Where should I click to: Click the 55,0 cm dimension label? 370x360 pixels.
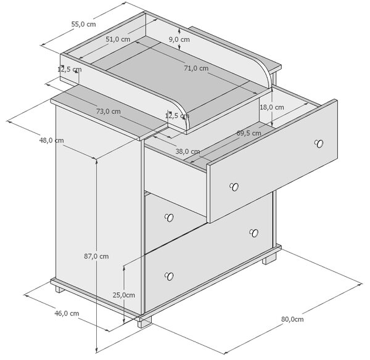pos(83,24)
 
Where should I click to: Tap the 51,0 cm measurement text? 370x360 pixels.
pos(118,39)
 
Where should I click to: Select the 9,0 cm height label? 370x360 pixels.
pos(179,39)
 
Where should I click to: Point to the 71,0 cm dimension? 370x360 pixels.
pos(196,68)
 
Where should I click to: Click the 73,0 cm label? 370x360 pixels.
pos(109,111)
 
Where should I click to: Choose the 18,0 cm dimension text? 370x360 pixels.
pos(272,107)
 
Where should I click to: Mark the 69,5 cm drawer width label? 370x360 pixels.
pos(249,133)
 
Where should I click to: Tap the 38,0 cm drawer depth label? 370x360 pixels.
pos(187,151)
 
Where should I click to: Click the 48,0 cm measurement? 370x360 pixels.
pos(51,141)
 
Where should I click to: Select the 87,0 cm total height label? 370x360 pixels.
pos(96,256)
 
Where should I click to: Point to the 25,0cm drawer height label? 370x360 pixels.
pos(124,295)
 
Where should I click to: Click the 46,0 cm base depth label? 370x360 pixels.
pos(67,313)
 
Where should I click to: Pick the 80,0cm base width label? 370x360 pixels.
pos(292,319)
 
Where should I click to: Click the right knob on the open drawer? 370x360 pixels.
pos(319,144)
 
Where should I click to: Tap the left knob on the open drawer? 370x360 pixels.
pos(234,187)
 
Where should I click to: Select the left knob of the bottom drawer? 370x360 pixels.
pos(169,276)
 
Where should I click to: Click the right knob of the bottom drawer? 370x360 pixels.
pos(254,233)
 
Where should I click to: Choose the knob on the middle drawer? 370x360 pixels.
pos(169,218)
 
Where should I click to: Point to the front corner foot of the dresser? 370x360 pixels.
pos(144,322)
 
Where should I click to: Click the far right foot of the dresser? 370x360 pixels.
pos(269,259)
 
